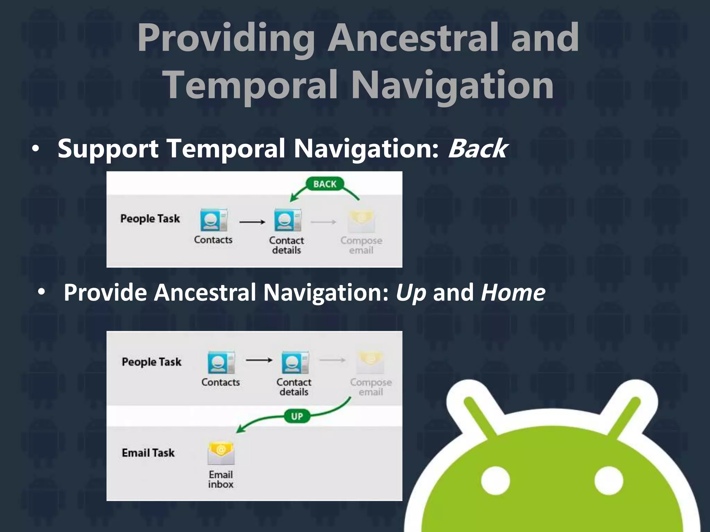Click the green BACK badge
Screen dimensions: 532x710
tap(325, 184)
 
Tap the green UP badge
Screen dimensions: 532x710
tap(297, 416)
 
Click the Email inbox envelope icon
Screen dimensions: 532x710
tap(221, 453)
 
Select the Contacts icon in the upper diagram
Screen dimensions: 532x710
tap(214, 220)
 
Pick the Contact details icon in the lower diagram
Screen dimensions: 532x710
tap(295, 362)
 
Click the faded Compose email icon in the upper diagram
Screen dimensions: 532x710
tap(361, 221)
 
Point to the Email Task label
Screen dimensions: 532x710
tap(148, 453)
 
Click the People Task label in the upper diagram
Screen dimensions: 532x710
tap(150, 219)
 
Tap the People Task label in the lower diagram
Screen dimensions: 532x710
tap(151, 362)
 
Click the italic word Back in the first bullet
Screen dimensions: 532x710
tap(478, 149)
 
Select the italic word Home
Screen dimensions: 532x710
tap(513, 292)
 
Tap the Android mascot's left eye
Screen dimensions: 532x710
tap(496, 481)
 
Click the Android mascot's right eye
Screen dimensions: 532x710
tap(608, 481)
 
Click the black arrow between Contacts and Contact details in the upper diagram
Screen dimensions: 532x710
tap(252, 222)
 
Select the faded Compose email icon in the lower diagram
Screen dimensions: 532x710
tap(370, 362)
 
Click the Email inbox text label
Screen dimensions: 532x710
tap(221, 479)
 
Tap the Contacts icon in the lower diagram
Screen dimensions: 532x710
tap(221, 362)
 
